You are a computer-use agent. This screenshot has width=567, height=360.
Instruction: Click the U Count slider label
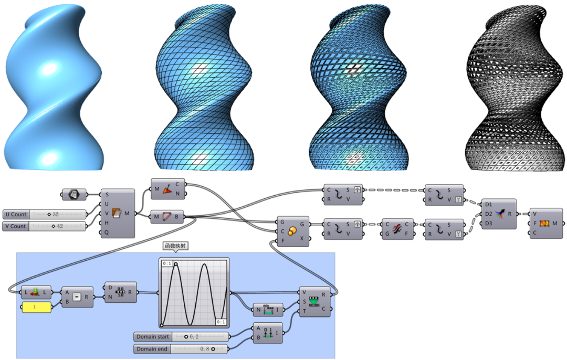pos(16,215)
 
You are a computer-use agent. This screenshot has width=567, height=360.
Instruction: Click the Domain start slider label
pos(153,336)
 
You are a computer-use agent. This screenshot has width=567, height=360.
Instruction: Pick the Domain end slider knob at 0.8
pos(213,348)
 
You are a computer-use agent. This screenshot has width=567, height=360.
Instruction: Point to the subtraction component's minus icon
pos(77,297)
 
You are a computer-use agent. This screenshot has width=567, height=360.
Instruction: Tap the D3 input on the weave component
pos(489,224)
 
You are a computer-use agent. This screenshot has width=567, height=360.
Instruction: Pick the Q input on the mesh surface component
pos(107,231)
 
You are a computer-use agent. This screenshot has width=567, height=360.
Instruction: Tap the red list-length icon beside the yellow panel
pos(36,292)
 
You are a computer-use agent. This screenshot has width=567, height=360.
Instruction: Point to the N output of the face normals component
pos(177,194)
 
